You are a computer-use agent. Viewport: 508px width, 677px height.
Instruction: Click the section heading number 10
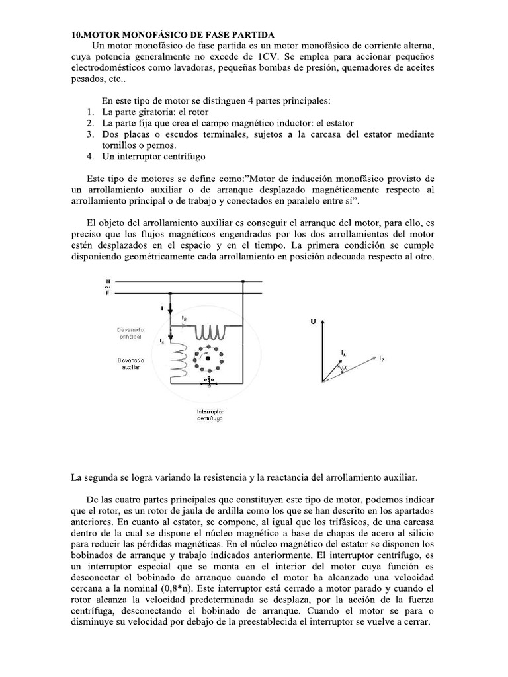pyautogui.click(x=77, y=34)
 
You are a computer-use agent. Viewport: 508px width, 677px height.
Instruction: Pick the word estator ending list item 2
pyautogui.click(x=335, y=123)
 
